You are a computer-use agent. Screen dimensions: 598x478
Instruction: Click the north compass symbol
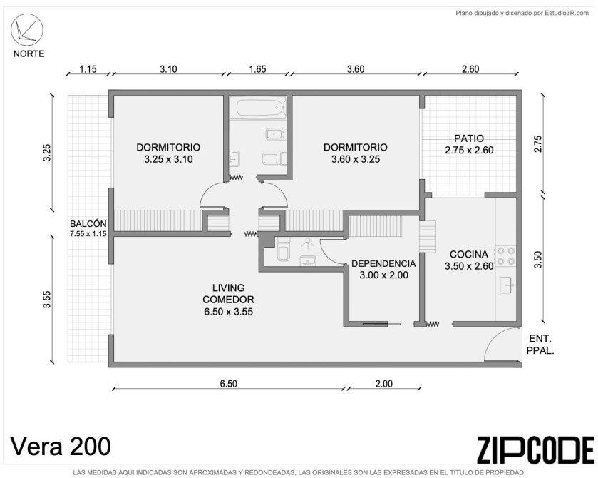click(x=27, y=30)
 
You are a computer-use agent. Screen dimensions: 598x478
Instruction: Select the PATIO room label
click(x=469, y=138)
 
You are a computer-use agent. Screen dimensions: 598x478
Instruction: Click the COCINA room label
click(x=469, y=254)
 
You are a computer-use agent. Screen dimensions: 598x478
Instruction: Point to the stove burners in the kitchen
click(x=506, y=256)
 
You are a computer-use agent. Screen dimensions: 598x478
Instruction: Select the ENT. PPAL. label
click(x=540, y=345)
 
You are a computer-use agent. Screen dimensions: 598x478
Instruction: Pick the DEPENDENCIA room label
click(x=383, y=263)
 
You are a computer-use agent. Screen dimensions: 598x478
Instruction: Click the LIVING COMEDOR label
click(x=228, y=294)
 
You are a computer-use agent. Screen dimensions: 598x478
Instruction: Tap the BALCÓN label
click(x=88, y=224)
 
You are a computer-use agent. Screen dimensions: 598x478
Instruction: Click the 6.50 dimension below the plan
click(x=229, y=384)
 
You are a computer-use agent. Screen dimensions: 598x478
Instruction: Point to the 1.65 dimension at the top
click(x=257, y=69)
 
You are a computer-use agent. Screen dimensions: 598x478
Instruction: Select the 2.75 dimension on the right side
click(x=537, y=144)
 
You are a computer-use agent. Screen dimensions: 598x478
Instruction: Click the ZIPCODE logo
click(x=535, y=450)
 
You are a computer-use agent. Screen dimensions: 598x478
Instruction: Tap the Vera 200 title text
click(x=61, y=446)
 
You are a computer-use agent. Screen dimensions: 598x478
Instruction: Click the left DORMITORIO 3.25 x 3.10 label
click(x=168, y=153)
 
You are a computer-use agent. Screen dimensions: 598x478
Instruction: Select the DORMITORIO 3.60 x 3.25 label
click(x=356, y=153)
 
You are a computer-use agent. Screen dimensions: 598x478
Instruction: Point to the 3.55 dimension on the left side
click(x=46, y=300)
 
